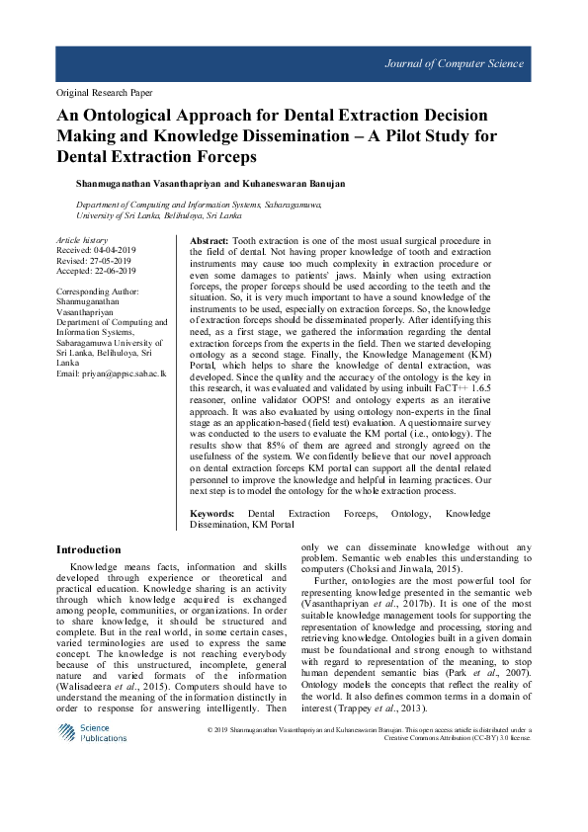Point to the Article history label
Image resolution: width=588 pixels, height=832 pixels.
tap(81, 241)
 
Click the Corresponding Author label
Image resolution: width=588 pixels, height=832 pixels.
tap(97, 292)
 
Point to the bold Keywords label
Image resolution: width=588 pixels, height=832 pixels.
tap(211, 514)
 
